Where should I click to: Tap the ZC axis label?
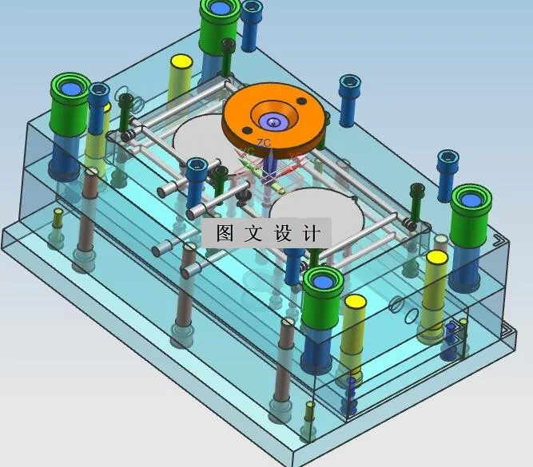[264, 143]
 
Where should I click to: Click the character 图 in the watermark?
[224, 233]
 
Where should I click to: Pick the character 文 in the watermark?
[254, 233]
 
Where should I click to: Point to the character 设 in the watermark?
[284, 233]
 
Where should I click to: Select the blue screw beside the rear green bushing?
[252, 9]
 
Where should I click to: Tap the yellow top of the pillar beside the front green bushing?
[353, 303]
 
